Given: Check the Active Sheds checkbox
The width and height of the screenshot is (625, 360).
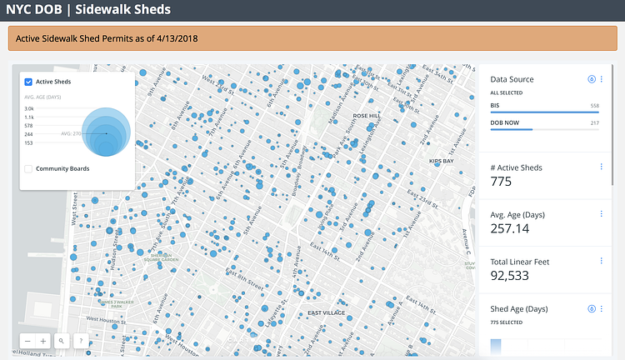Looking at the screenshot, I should (28, 82).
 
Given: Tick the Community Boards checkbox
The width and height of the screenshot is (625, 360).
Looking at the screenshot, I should (28, 168).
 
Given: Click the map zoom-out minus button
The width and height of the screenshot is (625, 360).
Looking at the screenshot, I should (27, 340).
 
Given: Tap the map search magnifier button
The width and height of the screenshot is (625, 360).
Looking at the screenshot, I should (62, 340).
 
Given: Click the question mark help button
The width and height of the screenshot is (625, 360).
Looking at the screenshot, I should (80, 340).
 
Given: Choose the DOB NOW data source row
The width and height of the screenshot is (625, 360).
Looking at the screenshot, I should (544, 123).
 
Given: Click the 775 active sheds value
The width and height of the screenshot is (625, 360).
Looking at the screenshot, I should (502, 182).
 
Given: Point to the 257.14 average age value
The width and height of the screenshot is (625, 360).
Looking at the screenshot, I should (510, 228).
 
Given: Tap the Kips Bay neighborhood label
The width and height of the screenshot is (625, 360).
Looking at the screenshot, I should (440, 160).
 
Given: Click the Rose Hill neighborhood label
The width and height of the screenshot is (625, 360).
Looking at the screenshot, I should (367, 116).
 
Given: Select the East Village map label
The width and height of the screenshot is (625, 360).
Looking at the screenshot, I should (327, 313).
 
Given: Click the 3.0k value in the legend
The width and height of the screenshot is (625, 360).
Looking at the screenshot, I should (29, 108).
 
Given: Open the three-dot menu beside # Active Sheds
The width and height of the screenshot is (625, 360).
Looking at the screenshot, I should (601, 167).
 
